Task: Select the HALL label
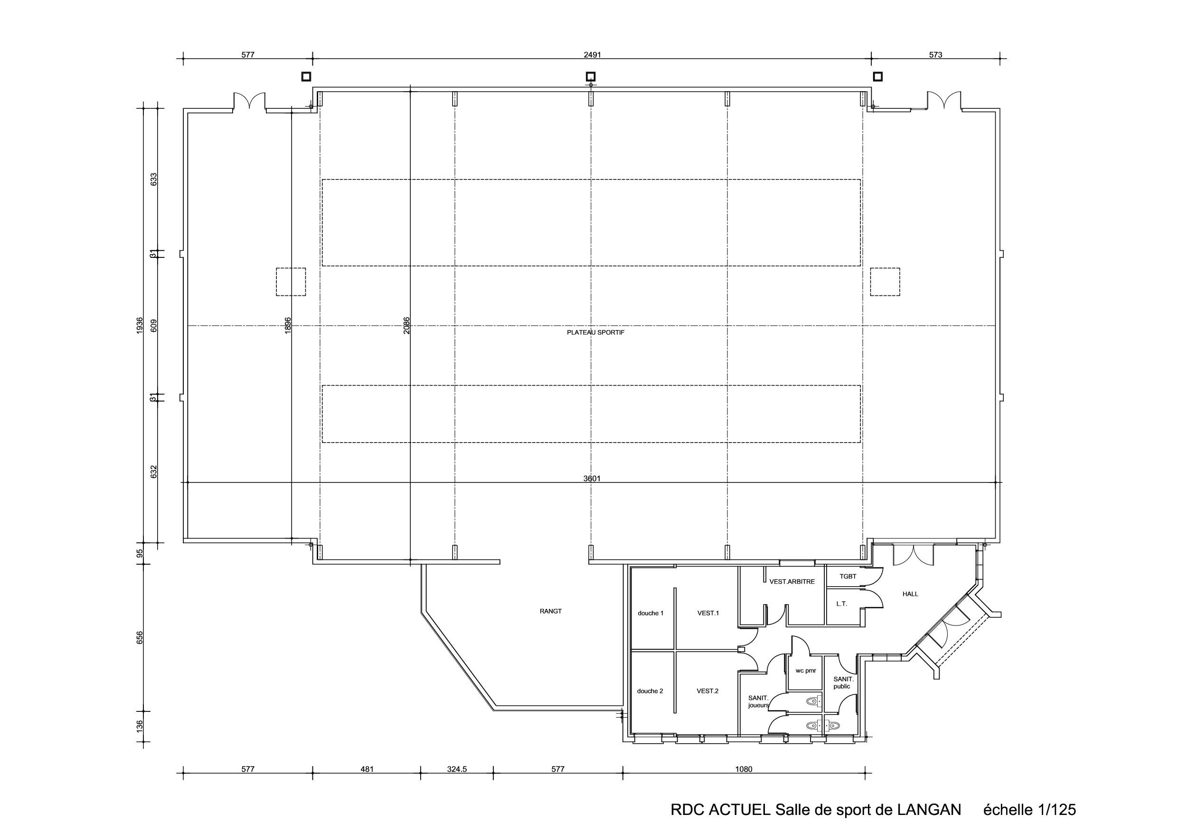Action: [910, 594]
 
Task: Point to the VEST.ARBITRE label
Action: [792, 581]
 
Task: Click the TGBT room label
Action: [848, 577]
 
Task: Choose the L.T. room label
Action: [841, 604]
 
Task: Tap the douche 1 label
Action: [650, 613]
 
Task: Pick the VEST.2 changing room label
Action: [707, 691]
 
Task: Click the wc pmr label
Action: [806, 670]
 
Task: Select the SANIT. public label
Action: [842, 682]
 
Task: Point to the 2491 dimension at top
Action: [592, 55]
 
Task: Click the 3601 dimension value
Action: [592, 478]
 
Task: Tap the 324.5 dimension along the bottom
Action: [457, 769]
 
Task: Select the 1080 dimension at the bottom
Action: [744, 769]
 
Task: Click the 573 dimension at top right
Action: [935, 55]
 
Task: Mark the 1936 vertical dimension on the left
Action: [140, 326]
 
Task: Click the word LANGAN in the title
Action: [929, 810]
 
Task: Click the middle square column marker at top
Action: [591, 76]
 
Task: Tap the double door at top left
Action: [249, 101]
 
